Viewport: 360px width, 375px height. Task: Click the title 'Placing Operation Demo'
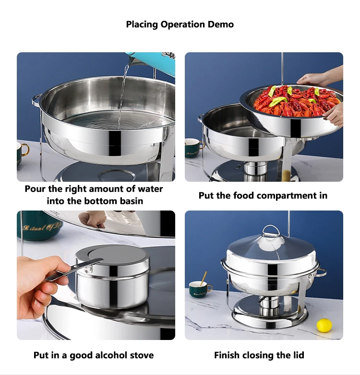(x=180, y=24)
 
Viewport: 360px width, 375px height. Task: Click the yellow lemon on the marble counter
(x=324, y=326)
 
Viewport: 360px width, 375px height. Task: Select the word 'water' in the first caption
(x=150, y=189)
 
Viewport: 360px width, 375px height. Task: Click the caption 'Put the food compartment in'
(x=263, y=196)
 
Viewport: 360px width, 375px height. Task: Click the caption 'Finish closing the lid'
(x=259, y=355)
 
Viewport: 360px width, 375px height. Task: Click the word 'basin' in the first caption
(x=130, y=201)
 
